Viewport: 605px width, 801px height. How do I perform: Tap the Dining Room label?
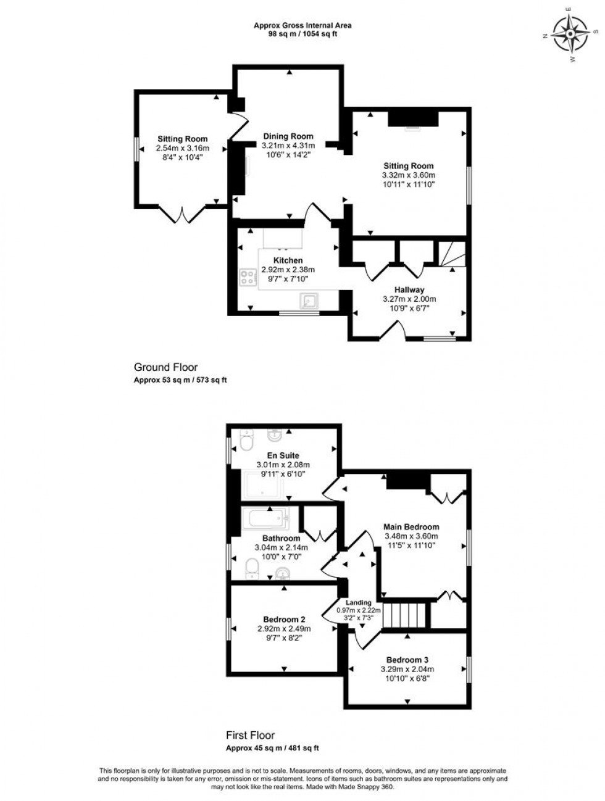pos(288,136)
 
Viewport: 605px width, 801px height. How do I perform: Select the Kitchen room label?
pos(288,260)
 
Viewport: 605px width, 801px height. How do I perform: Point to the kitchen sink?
pos(308,301)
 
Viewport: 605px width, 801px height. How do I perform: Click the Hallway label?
pos(409,289)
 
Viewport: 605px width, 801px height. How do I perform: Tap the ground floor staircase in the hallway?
pos(451,255)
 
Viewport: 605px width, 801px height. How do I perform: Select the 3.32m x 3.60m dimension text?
pos(409,175)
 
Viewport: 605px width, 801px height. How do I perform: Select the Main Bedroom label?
pos(411,527)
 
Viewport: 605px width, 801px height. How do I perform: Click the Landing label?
pos(358,602)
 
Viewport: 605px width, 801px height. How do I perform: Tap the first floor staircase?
pos(406,615)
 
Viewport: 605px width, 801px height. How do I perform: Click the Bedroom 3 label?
pos(407,659)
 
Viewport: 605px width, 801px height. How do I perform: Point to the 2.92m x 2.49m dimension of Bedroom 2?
pos(284,629)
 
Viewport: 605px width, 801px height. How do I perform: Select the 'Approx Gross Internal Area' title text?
pos(302,25)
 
